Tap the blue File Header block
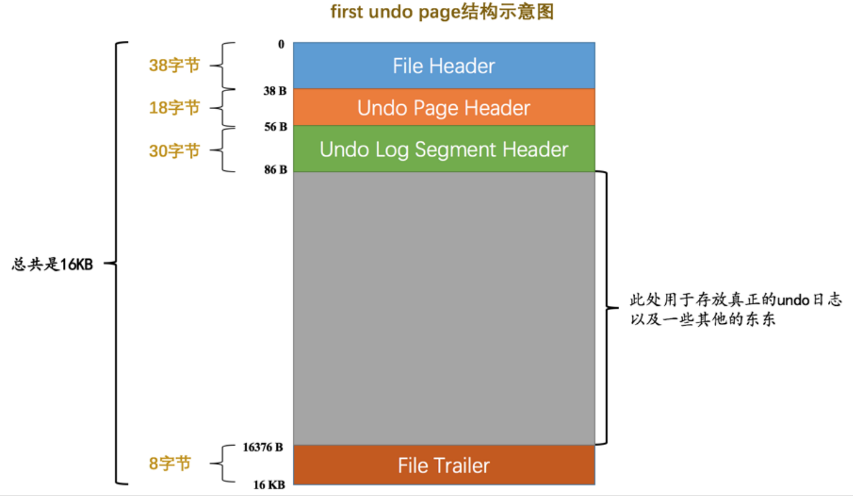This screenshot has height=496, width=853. coord(444,65)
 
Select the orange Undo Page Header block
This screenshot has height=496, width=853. coord(444,108)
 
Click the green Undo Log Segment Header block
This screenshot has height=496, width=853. coord(444,149)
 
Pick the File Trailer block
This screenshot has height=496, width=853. coord(444,465)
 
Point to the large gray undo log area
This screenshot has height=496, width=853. coord(444,308)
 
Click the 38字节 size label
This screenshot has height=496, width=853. coord(174,65)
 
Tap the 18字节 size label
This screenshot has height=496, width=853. coord(174,107)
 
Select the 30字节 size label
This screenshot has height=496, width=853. coord(174,151)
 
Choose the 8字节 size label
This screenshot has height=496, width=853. coord(170,463)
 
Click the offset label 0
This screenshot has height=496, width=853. coord(281,45)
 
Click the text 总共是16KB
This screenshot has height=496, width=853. coord(53,264)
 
